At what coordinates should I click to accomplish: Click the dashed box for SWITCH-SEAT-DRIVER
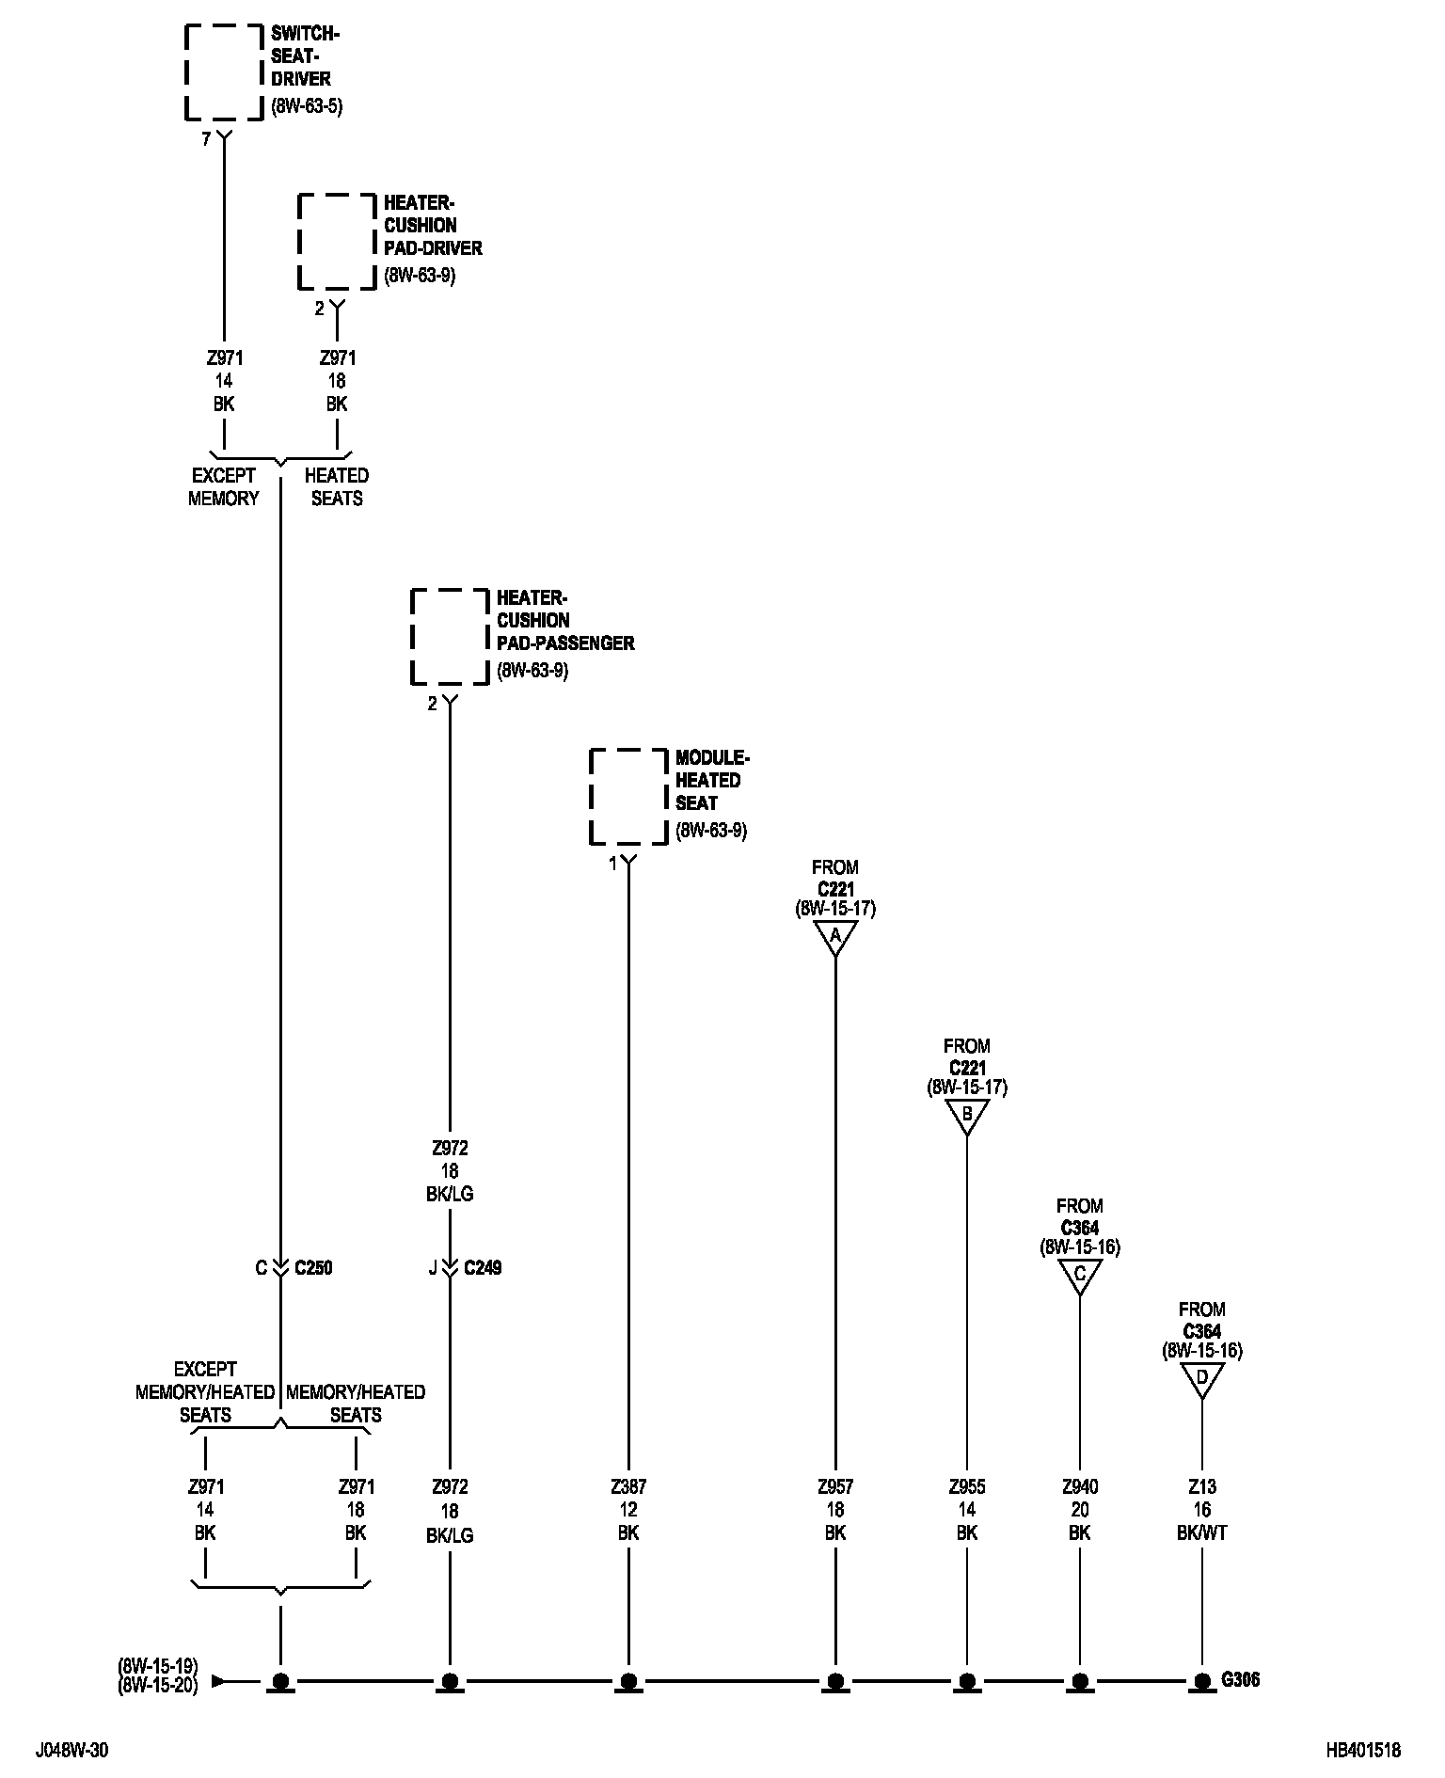[223, 72]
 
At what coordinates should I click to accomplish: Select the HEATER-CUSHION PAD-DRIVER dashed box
[337, 242]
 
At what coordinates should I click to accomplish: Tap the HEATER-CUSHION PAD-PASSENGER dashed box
[450, 637]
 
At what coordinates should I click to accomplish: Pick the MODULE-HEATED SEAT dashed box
[628, 797]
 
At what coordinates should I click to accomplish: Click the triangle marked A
[835, 936]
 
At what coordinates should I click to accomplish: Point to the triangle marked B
[967, 1115]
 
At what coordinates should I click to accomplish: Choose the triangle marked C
[1080, 1275]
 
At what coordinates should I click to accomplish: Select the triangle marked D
[1201, 1378]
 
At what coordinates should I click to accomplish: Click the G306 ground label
[1241, 1679]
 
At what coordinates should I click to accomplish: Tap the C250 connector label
[313, 1268]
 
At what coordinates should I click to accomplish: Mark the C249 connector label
[483, 1268]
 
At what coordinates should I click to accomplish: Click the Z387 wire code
[628, 1487]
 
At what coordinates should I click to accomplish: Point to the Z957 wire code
[835, 1487]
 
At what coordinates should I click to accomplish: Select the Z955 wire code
[967, 1487]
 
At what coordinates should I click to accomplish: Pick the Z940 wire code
[1080, 1487]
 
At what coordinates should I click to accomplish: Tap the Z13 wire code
[1201, 1487]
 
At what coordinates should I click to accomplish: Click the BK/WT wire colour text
[1201, 1532]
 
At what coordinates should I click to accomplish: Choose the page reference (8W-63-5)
[307, 106]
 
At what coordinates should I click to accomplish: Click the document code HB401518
[1363, 1751]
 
